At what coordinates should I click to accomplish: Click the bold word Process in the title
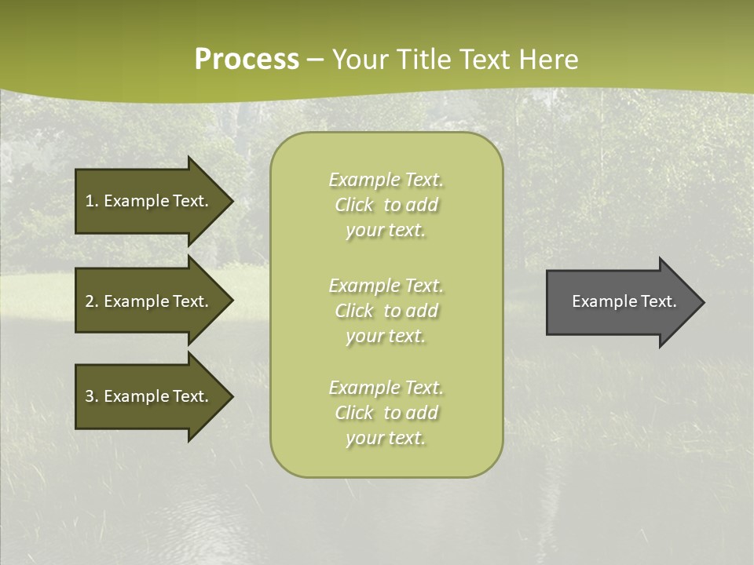(247, 60)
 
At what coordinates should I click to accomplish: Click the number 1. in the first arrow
(92, 201)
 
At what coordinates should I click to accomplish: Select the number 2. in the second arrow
(92, 301)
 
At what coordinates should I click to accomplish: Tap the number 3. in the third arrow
(92, 396)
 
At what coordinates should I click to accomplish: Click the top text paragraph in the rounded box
(386, 205)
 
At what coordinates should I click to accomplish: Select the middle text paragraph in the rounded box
(386, 311)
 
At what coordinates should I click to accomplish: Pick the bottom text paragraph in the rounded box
(386, 413)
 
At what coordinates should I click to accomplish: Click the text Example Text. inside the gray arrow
(624, 301)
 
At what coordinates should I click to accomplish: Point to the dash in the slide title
(315, 60)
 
